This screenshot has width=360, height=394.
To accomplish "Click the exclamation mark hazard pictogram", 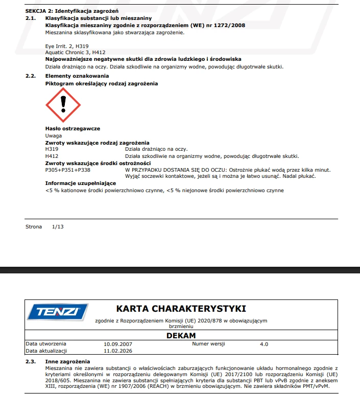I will (x=63, y=104).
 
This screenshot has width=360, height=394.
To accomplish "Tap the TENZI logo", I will (x=58, y=312).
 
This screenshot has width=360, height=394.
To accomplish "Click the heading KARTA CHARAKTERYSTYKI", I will (x=181, y=309).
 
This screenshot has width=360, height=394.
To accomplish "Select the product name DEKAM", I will (x=181, y=336).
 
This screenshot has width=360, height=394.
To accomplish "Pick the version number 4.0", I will (x=263, y=344).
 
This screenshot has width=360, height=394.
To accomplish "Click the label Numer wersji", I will (x=208, y=344).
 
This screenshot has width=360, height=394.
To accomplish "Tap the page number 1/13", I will (x=58, y=226).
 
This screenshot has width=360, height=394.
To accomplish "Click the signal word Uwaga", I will (x=54, y=135).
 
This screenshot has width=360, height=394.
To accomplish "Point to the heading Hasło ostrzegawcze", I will (x=73, y=128).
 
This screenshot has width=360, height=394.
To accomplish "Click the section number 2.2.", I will (x=31, y=76).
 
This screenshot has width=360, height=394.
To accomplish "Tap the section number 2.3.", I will (x=31, y=361).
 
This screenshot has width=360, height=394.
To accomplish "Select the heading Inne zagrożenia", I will (x=67, y=361).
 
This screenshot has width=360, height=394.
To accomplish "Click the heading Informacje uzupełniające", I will (x=81, y=183).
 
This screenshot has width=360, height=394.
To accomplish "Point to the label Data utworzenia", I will (x=45, y=344).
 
